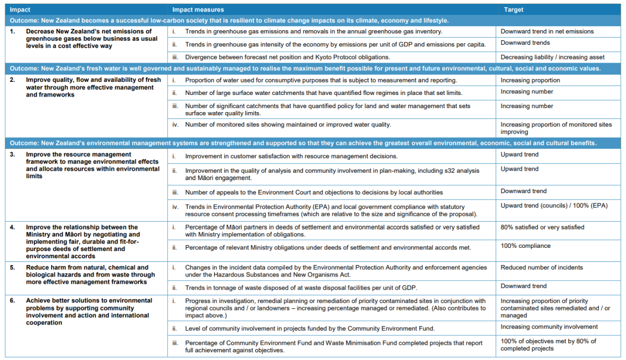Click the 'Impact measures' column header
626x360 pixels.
(x=198, y=9)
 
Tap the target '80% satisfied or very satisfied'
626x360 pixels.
(x=542, y=227)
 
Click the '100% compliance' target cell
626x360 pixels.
(x=525, y=246)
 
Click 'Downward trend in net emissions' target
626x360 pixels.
(x=547, y=31)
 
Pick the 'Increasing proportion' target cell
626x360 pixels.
(x=530, y=80)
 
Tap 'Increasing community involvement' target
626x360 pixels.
(x=549, y=327)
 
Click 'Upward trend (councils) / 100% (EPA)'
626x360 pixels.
(x=554, y=206)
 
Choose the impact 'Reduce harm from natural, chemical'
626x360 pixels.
(x=87, y=268)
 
